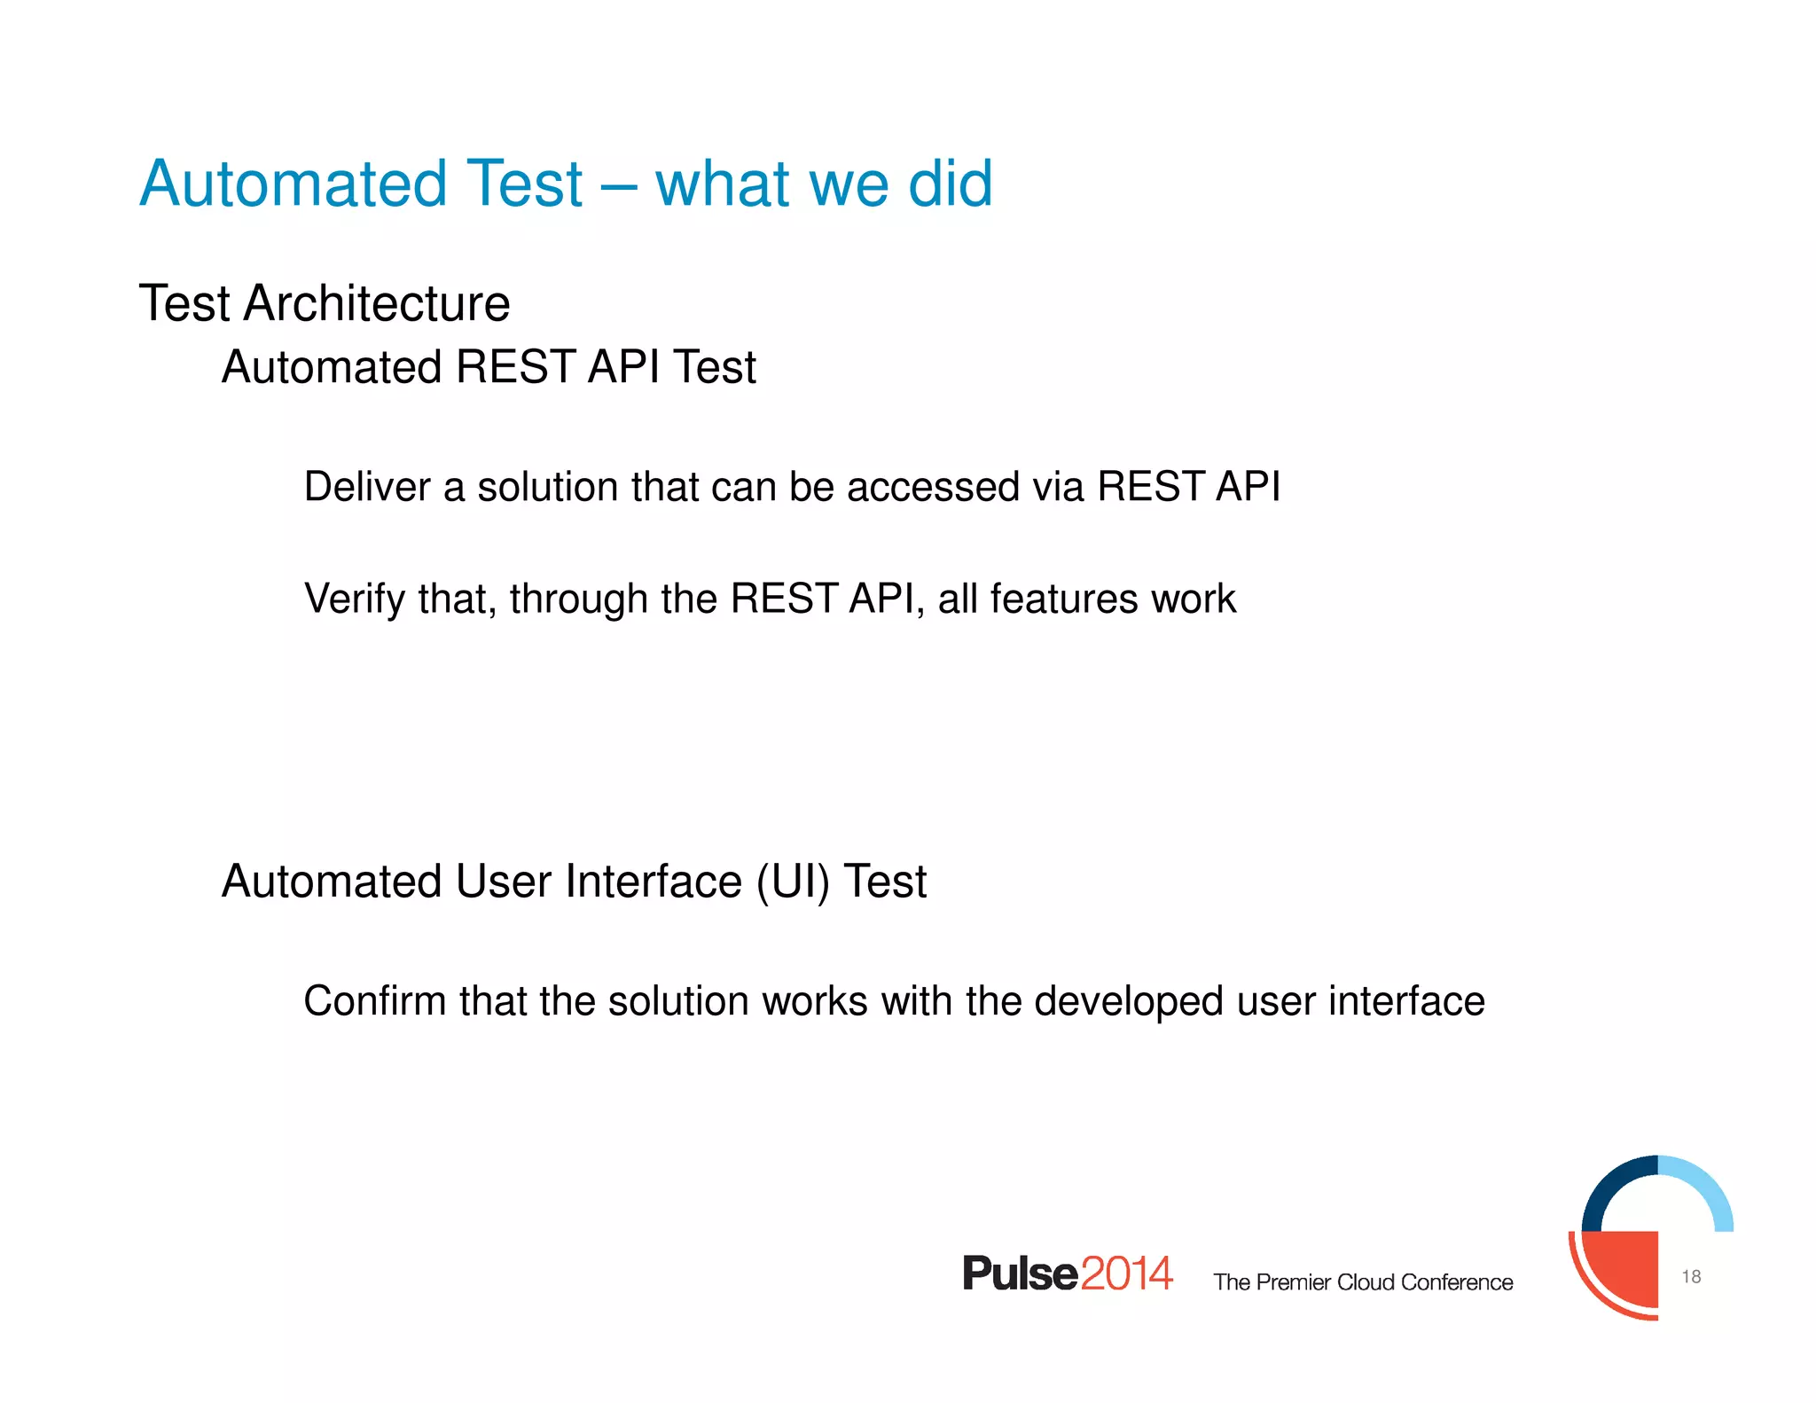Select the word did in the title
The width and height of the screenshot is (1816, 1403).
pos(950,184)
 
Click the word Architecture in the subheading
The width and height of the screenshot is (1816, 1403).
pos(377,304)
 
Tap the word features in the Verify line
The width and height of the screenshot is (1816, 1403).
pos(1063,599)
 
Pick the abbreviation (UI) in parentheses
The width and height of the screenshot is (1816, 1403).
pos(794,882)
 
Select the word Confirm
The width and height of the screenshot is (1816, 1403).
pos(375,1001)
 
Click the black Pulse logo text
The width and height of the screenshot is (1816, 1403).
pos(1020,1274)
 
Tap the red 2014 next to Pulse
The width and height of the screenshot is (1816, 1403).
pos(1126,1274)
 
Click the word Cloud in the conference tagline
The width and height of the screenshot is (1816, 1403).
pos(1366,1282)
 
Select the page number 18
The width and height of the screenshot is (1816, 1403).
pos(1691,1277)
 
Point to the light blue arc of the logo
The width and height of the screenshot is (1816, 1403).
pos(1707,1185)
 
